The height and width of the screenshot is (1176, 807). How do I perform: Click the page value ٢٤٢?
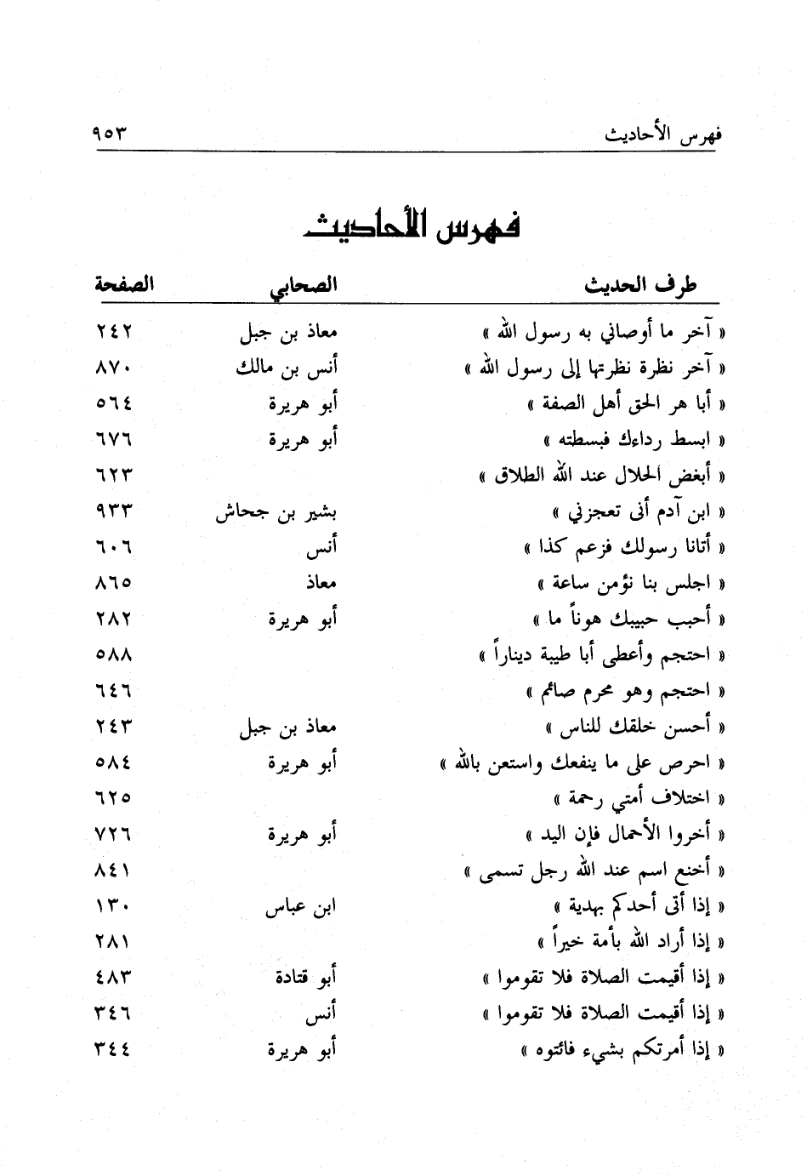tap(114, 332)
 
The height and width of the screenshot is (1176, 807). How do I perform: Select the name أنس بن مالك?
tap(286, 368)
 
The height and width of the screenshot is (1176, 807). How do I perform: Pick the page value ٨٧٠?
tap(114, 368)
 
